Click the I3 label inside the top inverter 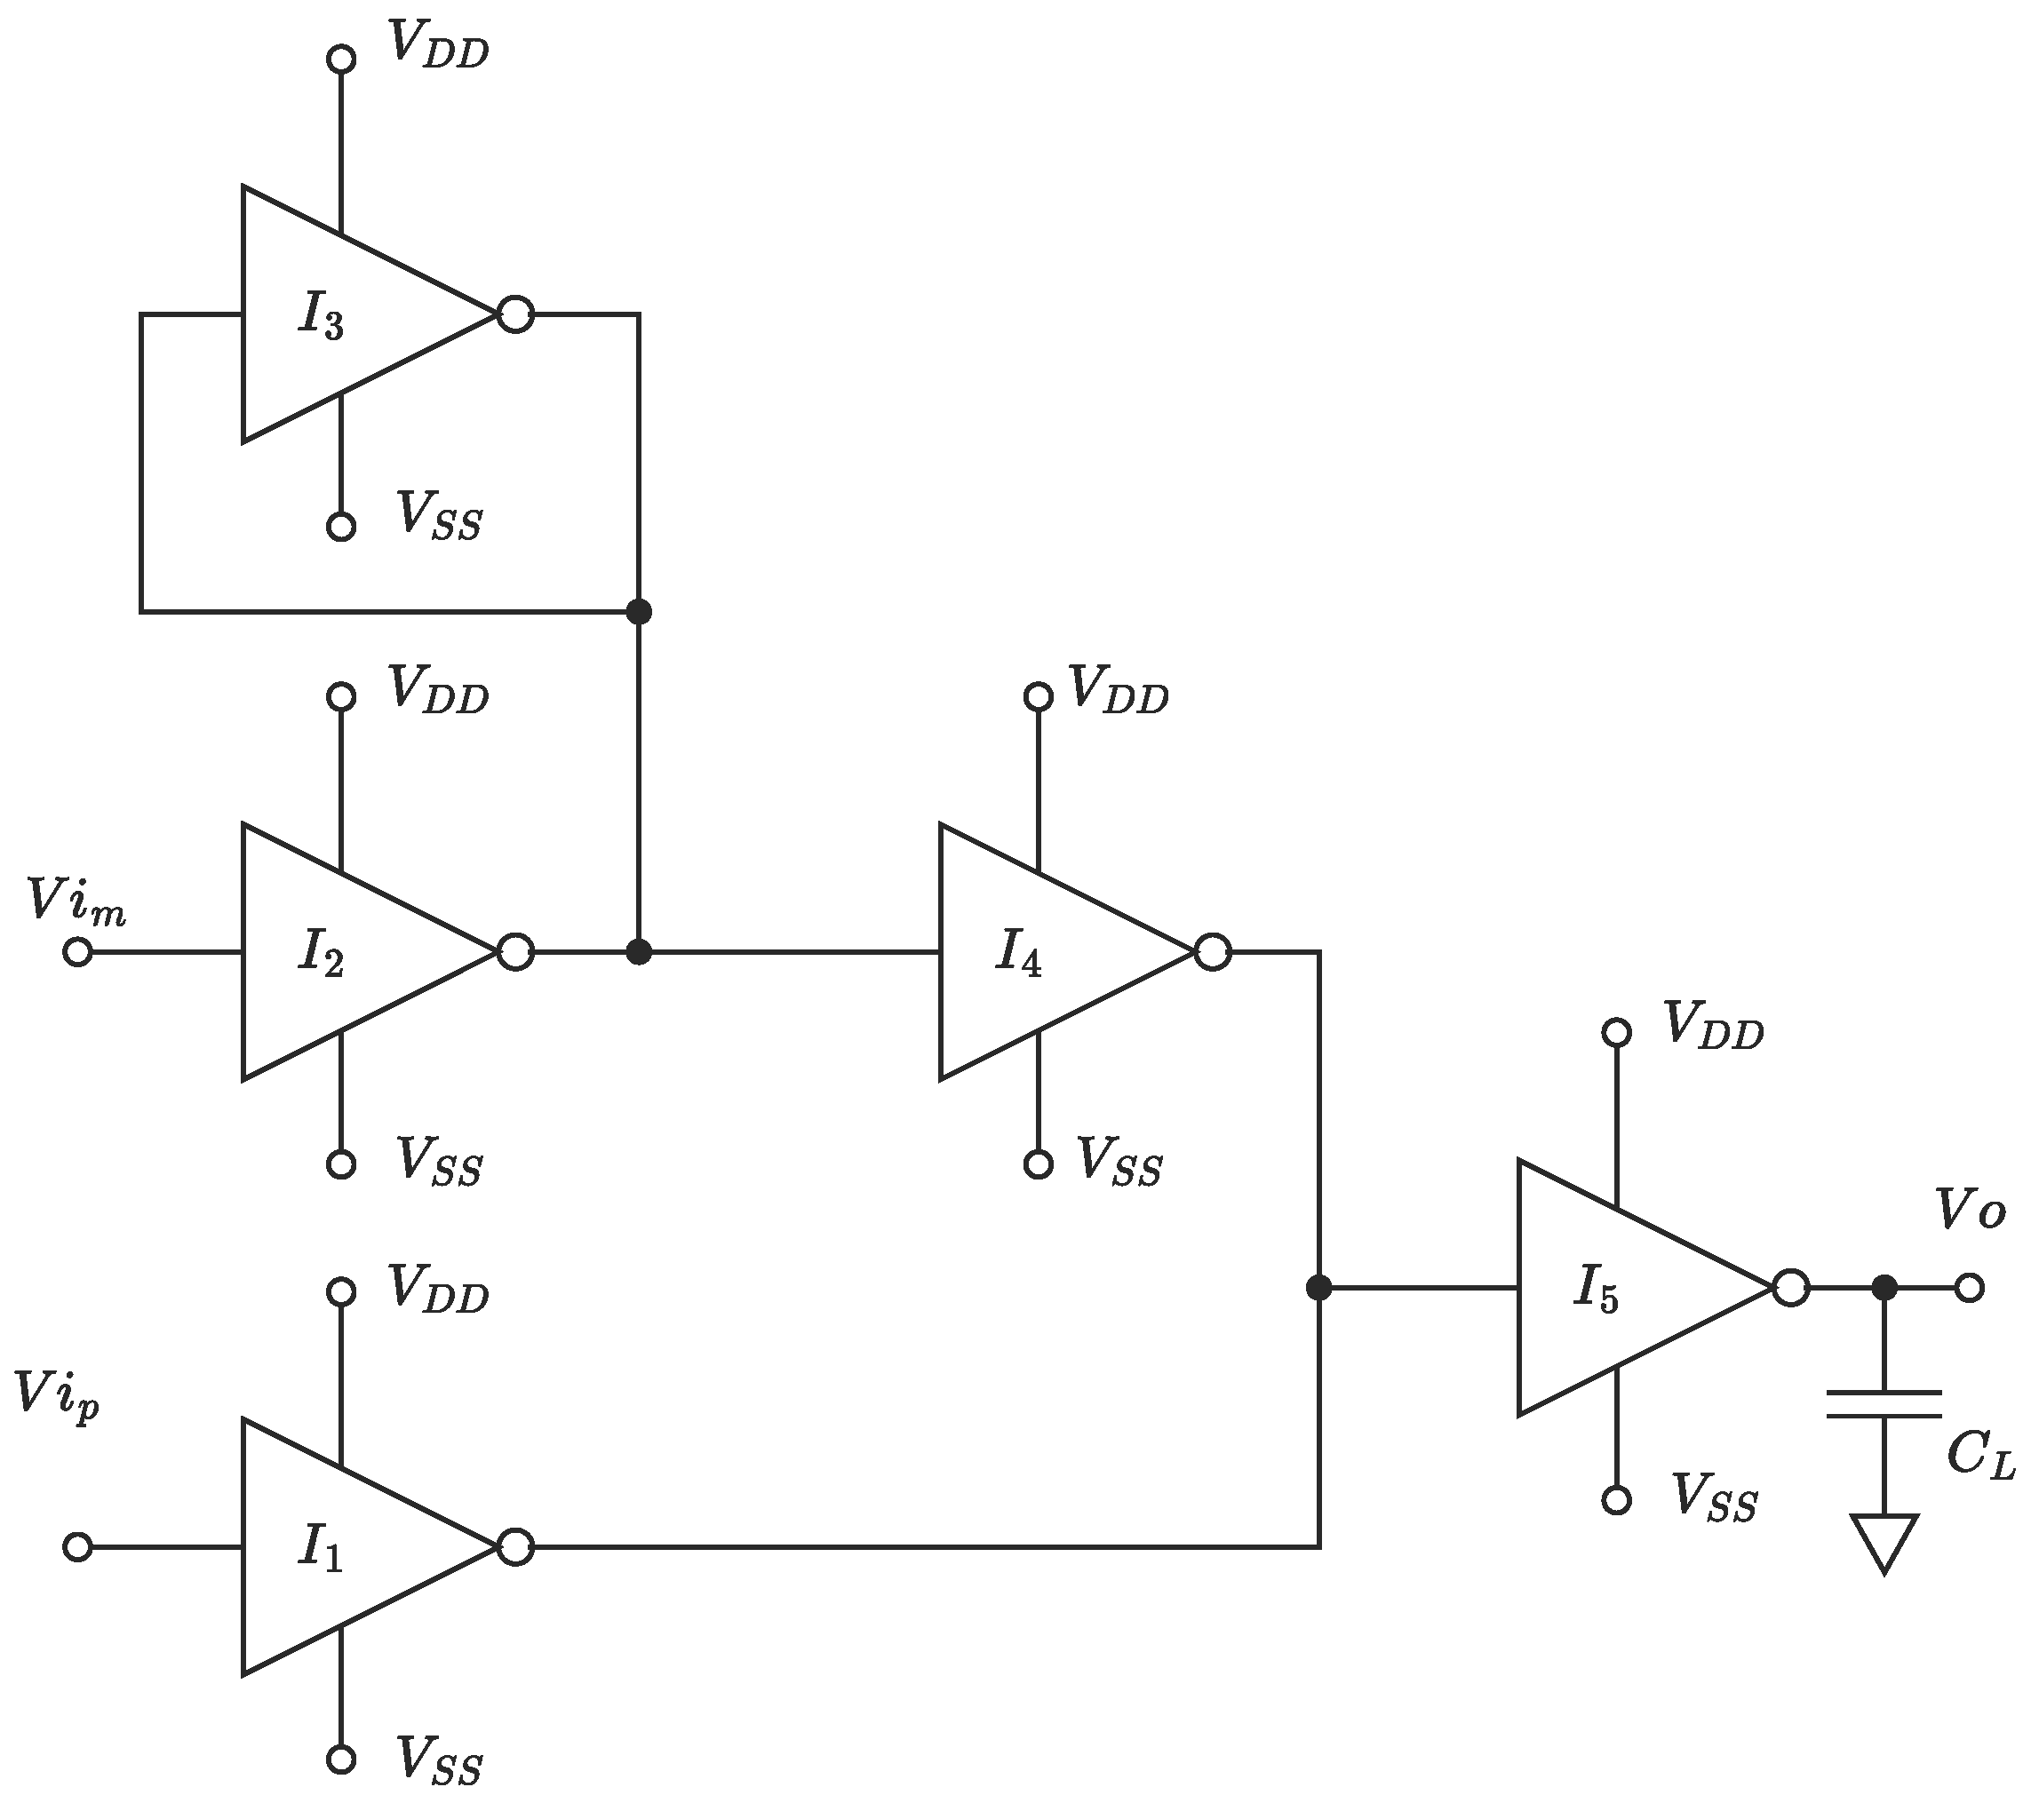coord(320,318)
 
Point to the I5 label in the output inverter coord(1596,1291)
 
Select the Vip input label coord(58,1395)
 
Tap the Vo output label coord(1971,1211)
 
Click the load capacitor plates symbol coord(1884,1403)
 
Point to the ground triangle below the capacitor coord(1884,1538)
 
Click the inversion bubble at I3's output coord(515,315)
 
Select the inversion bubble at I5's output coord(1790,1289)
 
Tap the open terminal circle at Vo coord(1970,1289)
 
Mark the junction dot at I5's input coord(1318,1289)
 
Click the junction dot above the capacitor coord(1884,1289)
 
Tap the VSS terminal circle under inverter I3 coord(341,527)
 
